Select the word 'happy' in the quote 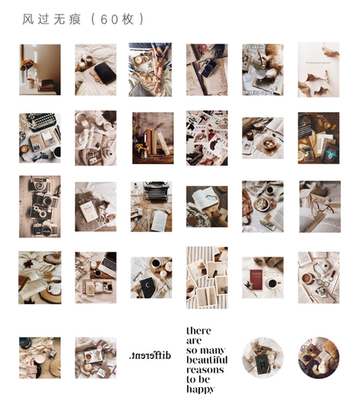pyautogui.click(x=201, y=389)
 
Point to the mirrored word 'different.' pyautogui.click(x=149, y=355)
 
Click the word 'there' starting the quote pyautogui.click(x=199, y=331)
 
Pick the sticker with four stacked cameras pyautogui.click(x=40, y=207)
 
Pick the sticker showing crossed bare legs pyautogui.click(x=150, y=70)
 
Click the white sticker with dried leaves pyautogui.click(x=318, y=70)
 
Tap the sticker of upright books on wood pyautogui.click(x=150, y=138)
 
